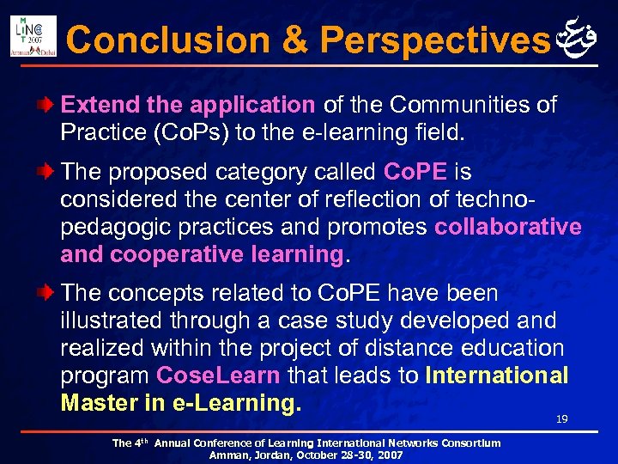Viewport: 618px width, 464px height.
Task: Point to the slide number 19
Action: pos(562,419)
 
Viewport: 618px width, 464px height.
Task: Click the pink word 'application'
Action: pos(252,106)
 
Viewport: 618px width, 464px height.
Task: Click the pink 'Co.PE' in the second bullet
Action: pos(415,171)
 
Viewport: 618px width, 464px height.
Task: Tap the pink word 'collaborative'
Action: pos(507,226)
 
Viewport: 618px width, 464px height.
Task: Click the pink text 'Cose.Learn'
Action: pos(218,375)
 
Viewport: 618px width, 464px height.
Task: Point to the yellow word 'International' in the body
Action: pos(496,375)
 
